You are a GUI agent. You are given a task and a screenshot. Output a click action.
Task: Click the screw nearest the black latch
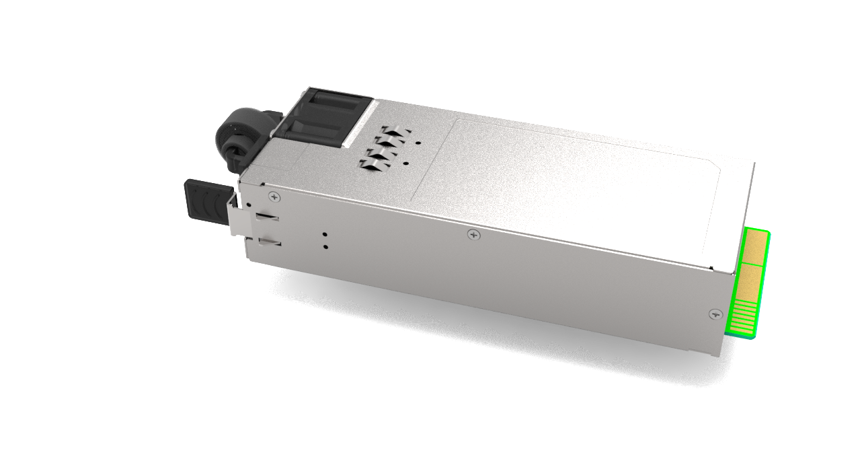point(275,196)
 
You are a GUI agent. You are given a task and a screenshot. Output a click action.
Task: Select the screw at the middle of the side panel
point(474,235)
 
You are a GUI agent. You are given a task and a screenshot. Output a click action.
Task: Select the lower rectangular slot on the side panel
point(270,241)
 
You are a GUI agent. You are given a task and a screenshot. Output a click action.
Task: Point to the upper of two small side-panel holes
point(325,235)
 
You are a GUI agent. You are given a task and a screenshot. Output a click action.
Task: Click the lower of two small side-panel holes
point(325,247)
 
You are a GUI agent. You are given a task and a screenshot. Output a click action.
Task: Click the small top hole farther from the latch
point(418,143)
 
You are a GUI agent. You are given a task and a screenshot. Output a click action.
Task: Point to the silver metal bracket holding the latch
point(236,215)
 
